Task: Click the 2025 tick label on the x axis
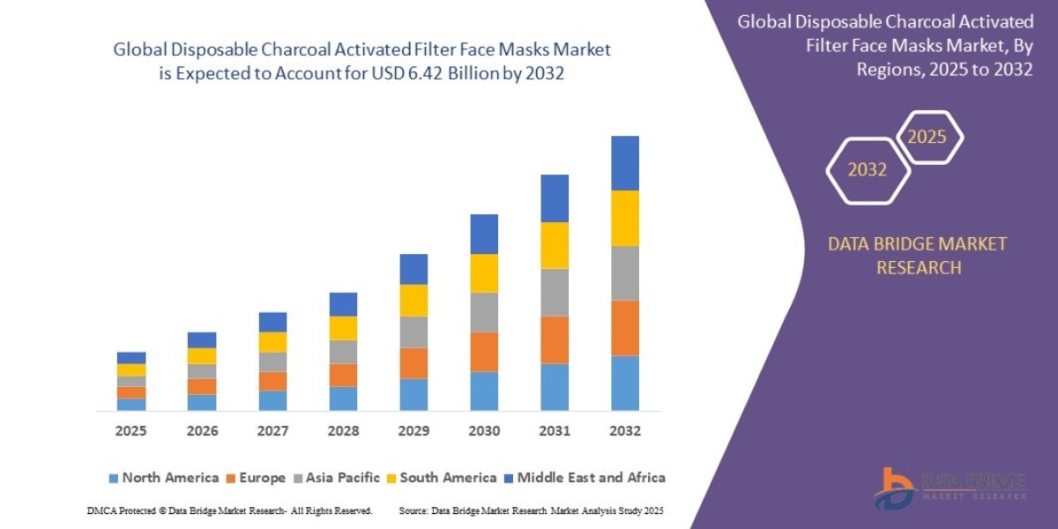[x=130, y=431]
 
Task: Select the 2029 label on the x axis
[x=414, y=431]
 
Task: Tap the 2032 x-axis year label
[x=624, y=431]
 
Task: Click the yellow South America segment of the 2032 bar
[x=624, y=218]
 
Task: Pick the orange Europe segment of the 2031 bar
[x=554, y=339]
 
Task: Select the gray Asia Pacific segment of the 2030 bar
[x=484, y=312]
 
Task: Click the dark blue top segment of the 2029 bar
[x=414, y=269]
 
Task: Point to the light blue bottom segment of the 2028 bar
[x=343, y=399]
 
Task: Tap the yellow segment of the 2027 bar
[x=272, y=342]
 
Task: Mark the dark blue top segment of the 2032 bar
[x=624, y=163]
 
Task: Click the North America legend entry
[x=163, y=478]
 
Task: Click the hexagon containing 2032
[x=868, y=170]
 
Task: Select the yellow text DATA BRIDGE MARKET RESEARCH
[x=917, y=256]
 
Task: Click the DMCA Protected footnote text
[x=229, y=510]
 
